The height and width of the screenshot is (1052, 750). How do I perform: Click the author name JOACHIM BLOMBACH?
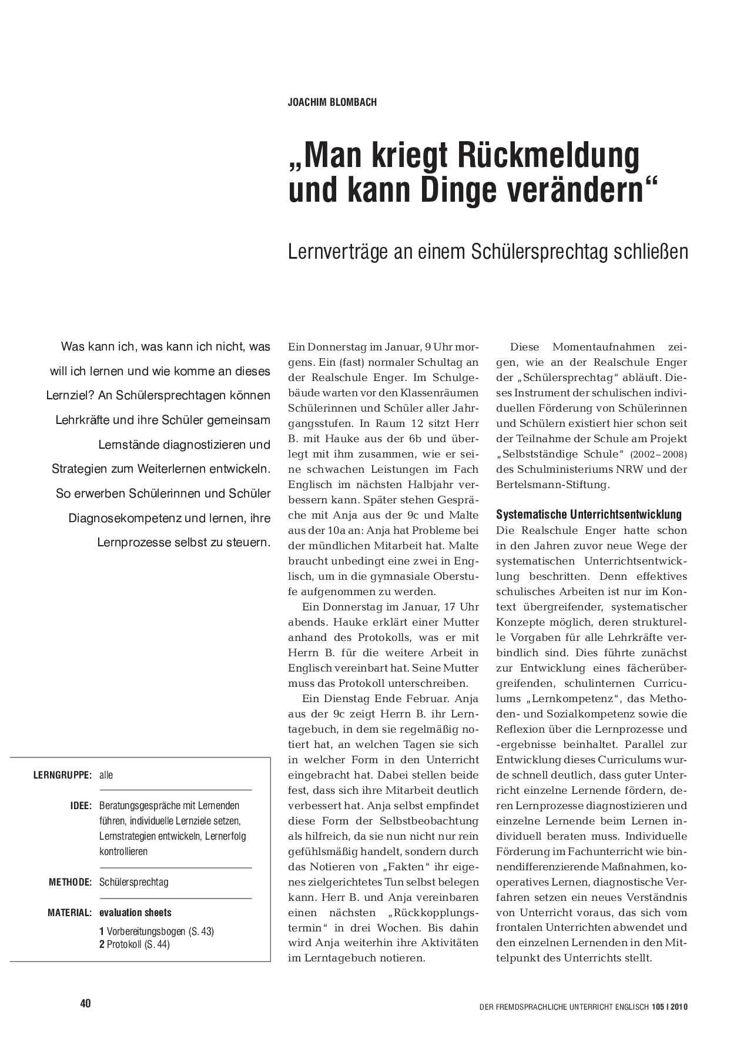click(x=332, y=102)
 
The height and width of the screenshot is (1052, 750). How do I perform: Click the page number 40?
click(x=85, y=1003)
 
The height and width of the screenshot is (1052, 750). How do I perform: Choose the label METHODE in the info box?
click(x=70, y=882)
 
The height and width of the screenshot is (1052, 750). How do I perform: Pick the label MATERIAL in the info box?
click(x=69, y=913)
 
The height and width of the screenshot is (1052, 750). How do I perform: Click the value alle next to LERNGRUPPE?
click(x=106, y=775)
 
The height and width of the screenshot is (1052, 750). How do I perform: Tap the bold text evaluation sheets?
click(x=136, y=913)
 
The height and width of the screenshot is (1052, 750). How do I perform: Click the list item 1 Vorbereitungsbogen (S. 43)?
click(x=157, y=931)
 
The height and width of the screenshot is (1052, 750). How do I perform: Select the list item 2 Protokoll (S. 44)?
click(x=135, y=944)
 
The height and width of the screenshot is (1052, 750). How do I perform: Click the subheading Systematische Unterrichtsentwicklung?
click(x=589, y=515)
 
